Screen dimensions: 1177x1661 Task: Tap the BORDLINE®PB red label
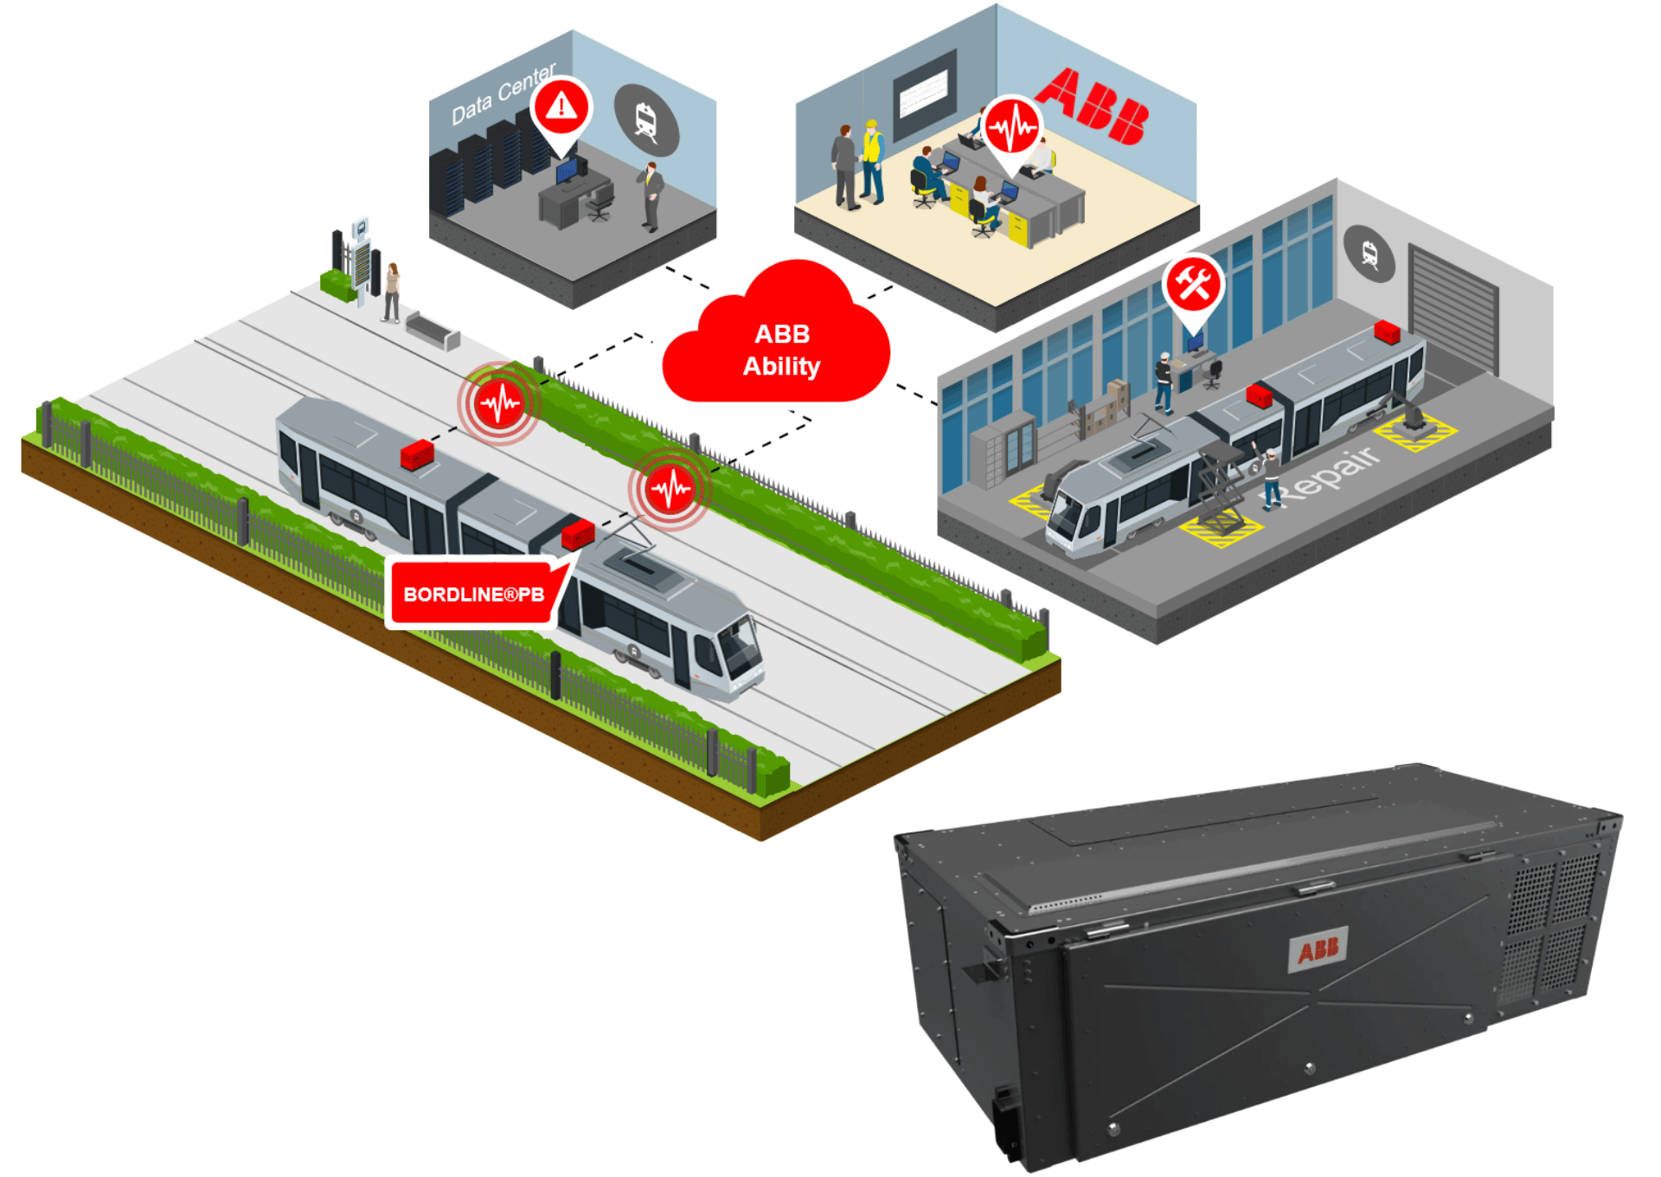coord(473,594)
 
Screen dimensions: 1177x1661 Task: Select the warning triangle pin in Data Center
coord(561,107)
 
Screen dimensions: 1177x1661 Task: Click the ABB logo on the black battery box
coord(1318,950)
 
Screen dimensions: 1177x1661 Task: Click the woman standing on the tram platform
coord(392,291)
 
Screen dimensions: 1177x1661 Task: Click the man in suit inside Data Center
coord(652,195)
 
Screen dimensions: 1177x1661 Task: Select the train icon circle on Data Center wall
coord(646,120)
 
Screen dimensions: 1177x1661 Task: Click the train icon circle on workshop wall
coord(1369,254)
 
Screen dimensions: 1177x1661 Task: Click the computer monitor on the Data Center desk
coord(566,170)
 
